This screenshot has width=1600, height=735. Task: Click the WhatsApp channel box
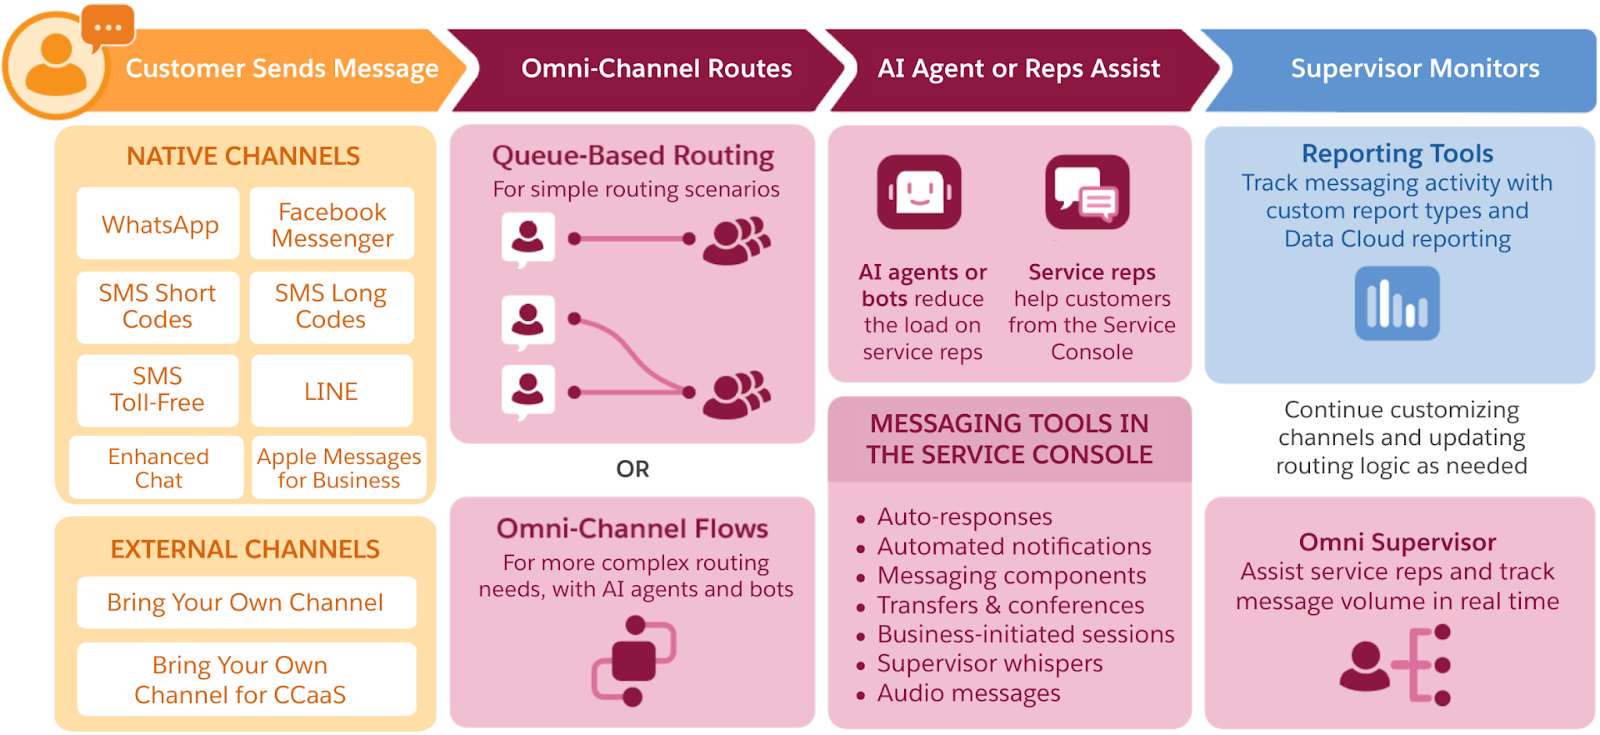pos(158,224)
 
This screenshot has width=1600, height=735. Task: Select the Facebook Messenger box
pos(332,224)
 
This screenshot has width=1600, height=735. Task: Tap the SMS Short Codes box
pos(158,306)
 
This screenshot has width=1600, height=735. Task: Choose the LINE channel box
pos(332,391)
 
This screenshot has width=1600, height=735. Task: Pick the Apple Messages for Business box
pos(339,468)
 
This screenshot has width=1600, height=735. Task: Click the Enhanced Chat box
pos(157,468)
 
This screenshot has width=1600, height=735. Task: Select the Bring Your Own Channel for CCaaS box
pos(246,679)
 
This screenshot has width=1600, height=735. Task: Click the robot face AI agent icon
pos(919,192)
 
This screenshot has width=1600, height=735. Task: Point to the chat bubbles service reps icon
pos(1087,192)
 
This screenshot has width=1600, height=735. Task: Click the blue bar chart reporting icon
pos(1397,303)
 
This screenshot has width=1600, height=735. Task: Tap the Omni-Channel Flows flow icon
pos(634,661)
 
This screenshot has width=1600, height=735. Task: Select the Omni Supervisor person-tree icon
pos(1395,665)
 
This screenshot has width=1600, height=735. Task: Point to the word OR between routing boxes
pos(633,469)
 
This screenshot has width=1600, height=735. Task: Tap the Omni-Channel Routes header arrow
pos(646,69)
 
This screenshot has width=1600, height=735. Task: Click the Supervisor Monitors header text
pos(1415,69)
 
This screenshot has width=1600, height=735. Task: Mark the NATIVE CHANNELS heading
pos(243,156)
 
